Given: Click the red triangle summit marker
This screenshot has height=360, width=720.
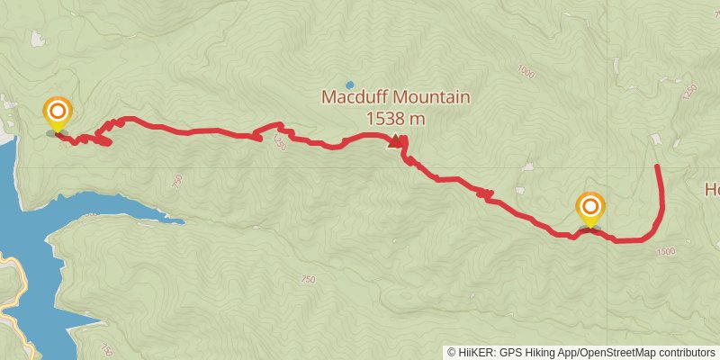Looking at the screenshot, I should point(394,141).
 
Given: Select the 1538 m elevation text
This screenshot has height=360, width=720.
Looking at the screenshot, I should point(395,118).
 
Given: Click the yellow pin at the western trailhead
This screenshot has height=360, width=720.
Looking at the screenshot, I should point(58,113).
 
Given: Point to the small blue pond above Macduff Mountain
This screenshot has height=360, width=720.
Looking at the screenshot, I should point(349,85).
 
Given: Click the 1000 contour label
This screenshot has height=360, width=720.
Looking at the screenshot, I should point(526,70).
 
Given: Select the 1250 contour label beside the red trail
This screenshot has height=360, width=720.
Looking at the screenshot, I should point(279,142).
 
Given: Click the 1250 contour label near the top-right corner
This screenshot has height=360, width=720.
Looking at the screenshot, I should point(690,93).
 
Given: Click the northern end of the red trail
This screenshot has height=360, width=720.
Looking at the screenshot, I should point(657,166).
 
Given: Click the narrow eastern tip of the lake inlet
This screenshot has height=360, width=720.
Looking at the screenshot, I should point(180,220).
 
